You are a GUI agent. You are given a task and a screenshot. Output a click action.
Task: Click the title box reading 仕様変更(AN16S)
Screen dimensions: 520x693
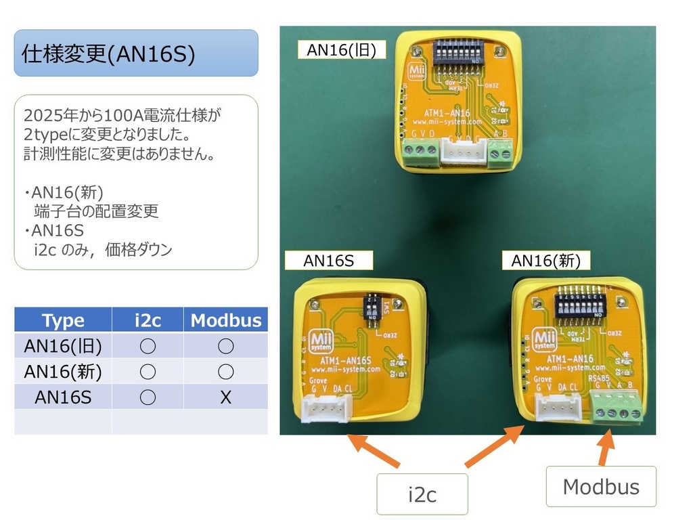(x=136, y=53)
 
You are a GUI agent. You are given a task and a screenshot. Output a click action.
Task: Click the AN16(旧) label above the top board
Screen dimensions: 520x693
(x=342, y=50)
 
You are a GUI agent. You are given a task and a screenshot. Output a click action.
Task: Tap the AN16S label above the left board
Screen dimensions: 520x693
(x=329, y=260)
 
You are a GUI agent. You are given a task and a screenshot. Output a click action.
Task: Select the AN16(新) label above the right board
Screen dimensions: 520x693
(x=545, y=260)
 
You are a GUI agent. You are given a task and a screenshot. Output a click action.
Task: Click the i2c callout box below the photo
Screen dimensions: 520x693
(x=422, y=494)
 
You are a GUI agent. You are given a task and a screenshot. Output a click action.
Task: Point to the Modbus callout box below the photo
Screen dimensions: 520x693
(x=601, y=486)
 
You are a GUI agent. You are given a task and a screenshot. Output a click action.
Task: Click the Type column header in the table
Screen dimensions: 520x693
(x=63, y=320)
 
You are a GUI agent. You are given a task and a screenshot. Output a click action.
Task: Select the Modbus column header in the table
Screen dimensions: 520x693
(x=226, y=320)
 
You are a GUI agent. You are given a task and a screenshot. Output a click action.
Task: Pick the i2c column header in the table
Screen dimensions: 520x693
(x=148, y=320)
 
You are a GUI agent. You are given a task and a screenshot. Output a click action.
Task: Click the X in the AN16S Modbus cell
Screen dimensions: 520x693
(x=226, y=397)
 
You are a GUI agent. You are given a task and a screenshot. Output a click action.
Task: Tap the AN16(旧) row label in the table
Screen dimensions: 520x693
(x=63, y=346)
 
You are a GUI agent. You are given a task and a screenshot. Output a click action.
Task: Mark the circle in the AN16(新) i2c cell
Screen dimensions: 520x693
(x=148, y=372)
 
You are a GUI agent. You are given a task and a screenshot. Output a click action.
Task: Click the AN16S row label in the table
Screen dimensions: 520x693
(x=63, y=397)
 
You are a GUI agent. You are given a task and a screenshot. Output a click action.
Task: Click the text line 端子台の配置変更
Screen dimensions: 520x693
(x=96, y=211)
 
